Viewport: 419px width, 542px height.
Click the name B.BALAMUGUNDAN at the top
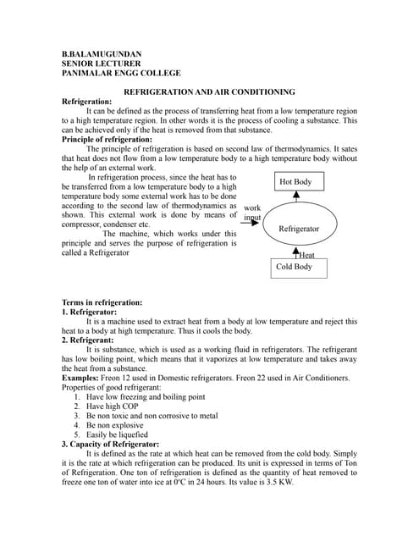[100, 53]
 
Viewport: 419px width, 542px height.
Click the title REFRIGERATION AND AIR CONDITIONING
[210, 91]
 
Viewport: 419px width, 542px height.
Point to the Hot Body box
[295, 182]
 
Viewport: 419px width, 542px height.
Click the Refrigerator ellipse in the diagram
[299, 229]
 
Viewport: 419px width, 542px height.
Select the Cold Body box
[295, 268]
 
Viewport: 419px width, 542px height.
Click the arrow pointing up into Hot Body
[296, 196]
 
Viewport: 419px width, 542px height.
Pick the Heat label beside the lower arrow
[306, 255]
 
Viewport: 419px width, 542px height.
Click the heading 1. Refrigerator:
[93, 312]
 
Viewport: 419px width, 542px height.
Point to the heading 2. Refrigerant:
[92, 340]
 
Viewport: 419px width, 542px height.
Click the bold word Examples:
[80, 378]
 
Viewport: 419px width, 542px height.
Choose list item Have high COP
[115, 406]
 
